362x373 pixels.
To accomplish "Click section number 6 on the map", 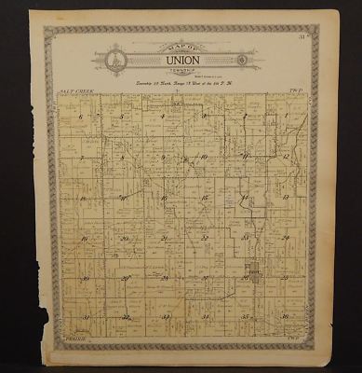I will click(x=83, y=117).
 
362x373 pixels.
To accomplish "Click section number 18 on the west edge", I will click(x=83, y=198).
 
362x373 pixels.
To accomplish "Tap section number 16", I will click(x=164, y=198).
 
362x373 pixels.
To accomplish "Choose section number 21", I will click(x=164, y=239).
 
